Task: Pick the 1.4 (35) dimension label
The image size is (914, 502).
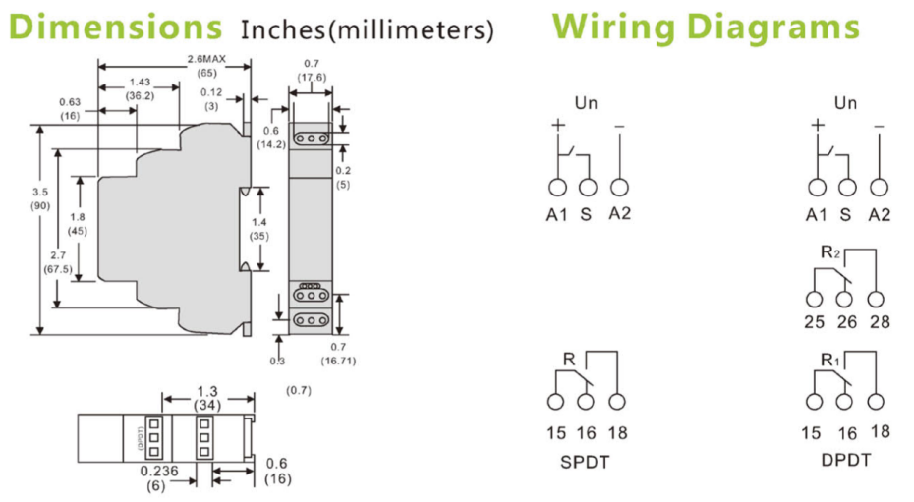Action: point(258,230)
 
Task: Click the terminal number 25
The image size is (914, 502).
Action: point(813,323)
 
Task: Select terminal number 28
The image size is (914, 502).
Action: point(880,323)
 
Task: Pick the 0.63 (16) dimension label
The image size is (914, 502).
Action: point(69,108)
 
